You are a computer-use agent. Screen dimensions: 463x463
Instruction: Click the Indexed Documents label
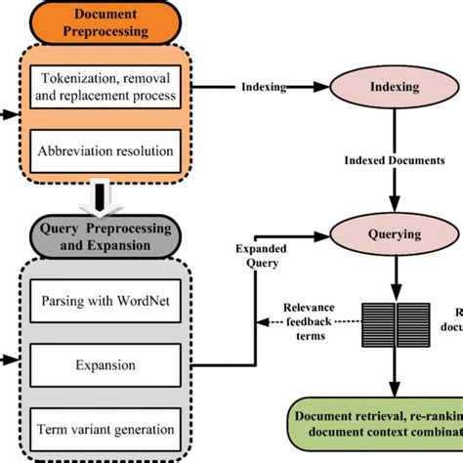[395, 160]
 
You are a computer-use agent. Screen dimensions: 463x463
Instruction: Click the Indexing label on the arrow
[263, 87]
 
